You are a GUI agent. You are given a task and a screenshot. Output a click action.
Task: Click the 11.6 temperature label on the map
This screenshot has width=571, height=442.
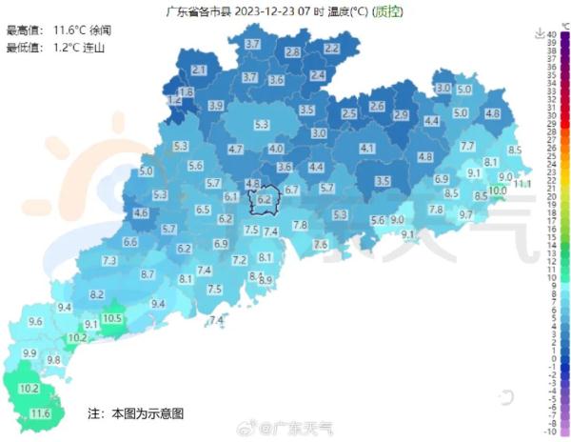(41, 413)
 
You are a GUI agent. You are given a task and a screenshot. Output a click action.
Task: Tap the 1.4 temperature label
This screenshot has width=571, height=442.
(173, 99)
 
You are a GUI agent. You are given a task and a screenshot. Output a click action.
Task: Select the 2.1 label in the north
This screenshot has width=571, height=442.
(199, 70)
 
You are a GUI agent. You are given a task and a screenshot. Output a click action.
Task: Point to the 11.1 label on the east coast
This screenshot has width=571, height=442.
(522, 182)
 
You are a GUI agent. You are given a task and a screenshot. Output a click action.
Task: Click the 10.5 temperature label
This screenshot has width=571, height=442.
(111, 318)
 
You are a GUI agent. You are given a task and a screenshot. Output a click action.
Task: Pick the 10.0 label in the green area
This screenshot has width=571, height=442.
(497, 190)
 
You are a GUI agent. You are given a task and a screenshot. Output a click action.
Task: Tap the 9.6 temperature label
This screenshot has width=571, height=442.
(35, 322)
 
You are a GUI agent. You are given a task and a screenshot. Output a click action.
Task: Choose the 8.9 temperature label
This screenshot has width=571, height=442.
(266, 280)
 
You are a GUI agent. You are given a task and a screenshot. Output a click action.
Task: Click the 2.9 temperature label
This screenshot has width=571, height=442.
(401, 115)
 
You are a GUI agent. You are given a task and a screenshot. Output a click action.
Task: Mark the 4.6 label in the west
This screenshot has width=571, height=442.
(142, 213)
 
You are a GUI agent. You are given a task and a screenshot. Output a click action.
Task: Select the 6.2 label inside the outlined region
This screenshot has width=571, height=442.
(264, 200)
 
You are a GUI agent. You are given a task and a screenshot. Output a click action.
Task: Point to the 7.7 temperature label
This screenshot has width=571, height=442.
(467, 146)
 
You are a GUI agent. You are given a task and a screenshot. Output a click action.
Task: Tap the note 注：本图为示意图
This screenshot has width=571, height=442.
(136, 413)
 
